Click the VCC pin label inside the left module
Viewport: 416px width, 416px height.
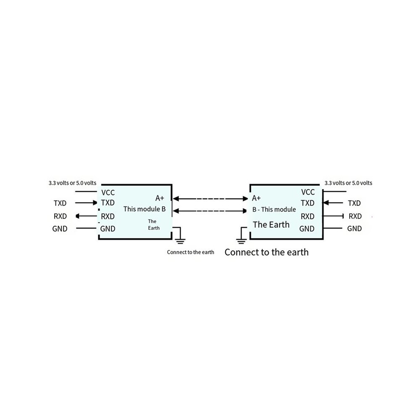108,192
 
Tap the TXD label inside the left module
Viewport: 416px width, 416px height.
108,203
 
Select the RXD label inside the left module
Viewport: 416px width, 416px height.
108,216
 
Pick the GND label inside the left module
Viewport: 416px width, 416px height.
108,229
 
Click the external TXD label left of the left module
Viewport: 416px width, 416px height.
60,203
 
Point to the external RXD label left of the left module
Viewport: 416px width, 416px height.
60,216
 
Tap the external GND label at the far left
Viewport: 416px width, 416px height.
60,229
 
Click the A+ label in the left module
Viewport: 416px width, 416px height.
160,198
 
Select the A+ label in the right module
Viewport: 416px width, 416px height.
256,198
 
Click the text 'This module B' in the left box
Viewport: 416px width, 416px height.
144,209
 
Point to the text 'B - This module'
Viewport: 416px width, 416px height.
274,210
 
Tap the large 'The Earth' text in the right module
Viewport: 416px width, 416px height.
271,225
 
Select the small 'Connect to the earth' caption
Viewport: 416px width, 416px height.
190,252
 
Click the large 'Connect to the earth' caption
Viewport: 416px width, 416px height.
267,252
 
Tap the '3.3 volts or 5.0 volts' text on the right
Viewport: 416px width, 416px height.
348,183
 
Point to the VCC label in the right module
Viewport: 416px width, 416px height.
308,192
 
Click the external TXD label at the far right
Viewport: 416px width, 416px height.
354,203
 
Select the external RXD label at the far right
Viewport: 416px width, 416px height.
355,216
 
